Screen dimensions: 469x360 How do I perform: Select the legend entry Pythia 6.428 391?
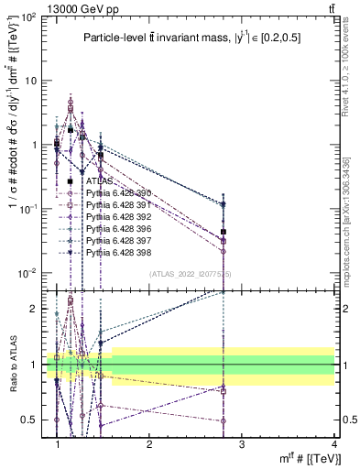114,207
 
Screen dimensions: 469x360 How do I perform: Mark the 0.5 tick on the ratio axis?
35,420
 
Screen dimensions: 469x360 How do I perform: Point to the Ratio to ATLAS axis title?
12,363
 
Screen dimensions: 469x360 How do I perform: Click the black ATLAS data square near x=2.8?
224,232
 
